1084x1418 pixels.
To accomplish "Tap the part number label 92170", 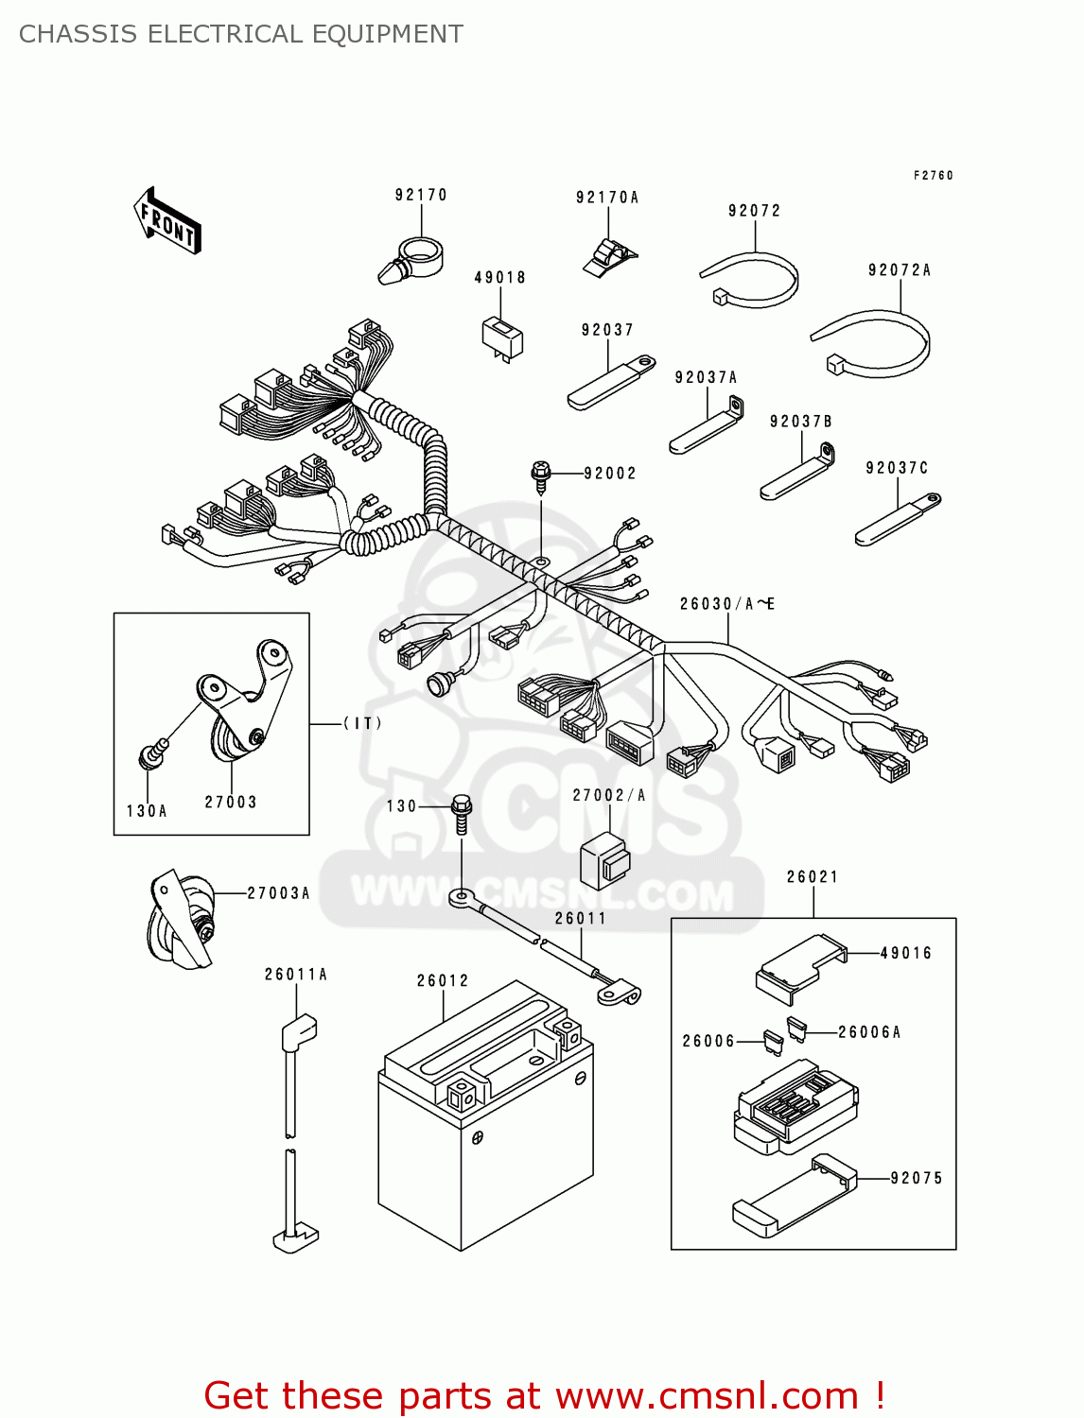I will coord(421,195).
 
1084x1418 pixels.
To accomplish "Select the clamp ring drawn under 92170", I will coord(412,259).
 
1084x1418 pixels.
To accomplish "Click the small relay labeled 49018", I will coord(501,337).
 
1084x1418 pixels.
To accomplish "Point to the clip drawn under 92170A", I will coord(607,257).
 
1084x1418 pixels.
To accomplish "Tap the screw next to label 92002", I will coord(541,476).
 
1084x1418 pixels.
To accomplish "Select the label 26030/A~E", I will coord(726,604).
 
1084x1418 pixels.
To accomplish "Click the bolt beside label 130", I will coord(462,812).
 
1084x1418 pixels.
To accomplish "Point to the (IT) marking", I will coord(362,723).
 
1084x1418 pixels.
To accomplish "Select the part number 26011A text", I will coord(295,975).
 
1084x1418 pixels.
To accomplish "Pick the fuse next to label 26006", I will coord(773,1043).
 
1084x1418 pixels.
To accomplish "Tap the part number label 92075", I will coord(916,1178).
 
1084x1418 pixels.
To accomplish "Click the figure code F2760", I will coord(933,175).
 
